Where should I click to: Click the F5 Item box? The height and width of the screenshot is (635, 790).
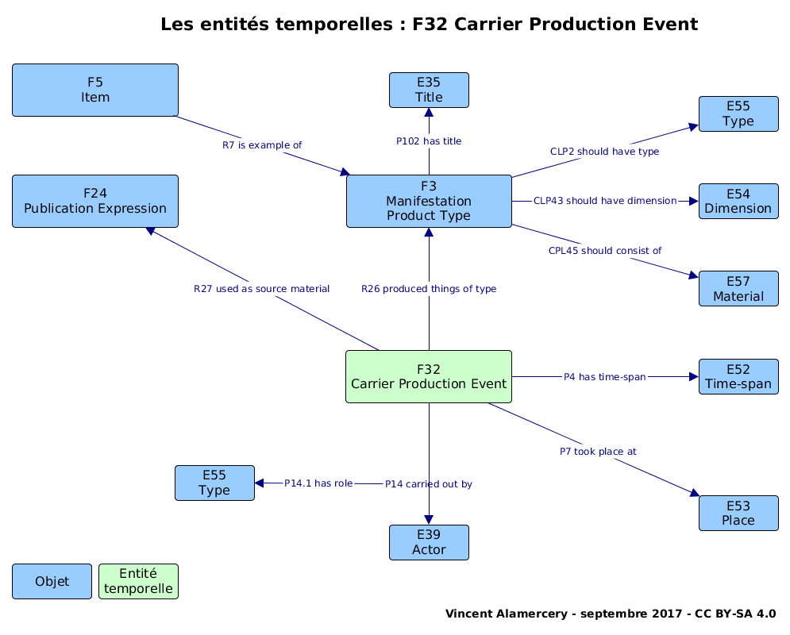95,90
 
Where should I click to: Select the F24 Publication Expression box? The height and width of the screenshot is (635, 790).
95,201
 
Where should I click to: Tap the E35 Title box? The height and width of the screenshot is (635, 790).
429,90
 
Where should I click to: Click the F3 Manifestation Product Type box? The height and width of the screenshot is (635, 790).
429,201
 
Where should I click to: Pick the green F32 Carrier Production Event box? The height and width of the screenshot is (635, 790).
429,377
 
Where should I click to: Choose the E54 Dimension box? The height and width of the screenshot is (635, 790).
738,201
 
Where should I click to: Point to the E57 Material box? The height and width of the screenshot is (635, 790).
738,289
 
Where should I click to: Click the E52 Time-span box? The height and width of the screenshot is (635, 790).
738,377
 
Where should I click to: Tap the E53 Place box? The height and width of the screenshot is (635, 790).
738,513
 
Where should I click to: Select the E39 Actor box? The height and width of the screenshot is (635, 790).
429,542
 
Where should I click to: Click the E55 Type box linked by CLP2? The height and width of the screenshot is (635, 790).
738,114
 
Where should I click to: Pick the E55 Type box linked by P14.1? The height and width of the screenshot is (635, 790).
214,483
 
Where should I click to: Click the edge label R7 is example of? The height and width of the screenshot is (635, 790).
262,145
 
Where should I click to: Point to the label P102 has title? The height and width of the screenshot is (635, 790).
429,141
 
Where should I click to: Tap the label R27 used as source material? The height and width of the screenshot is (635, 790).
261,289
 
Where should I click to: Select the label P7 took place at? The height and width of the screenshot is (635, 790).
598,451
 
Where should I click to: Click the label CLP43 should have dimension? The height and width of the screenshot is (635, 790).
605,200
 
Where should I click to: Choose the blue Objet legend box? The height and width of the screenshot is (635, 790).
52,581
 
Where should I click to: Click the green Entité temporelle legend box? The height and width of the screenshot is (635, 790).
139,581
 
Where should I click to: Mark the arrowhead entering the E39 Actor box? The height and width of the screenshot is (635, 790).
429,520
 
